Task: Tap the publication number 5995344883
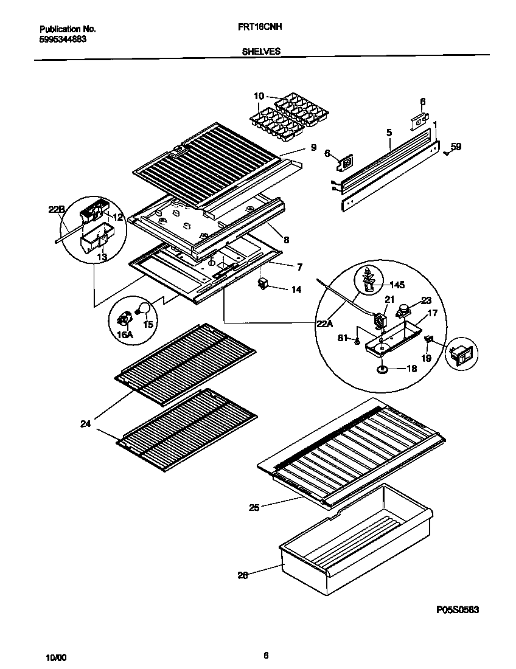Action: [x=63, y=39]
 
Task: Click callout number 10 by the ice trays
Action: [x=259, y=96]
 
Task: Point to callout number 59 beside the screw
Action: [x=456, y=147]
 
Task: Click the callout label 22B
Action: [x=56, y=210]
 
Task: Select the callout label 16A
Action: [x=124, y=334]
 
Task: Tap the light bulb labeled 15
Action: [x=144, y=308]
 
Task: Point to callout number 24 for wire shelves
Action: [x=85, y=424]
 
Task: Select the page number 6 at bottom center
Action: [x=266, y=655]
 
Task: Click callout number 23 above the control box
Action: [x=426, y=300]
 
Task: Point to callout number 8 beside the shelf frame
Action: [x=286, y=240]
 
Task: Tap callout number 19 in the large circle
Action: [x=426, y=358]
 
